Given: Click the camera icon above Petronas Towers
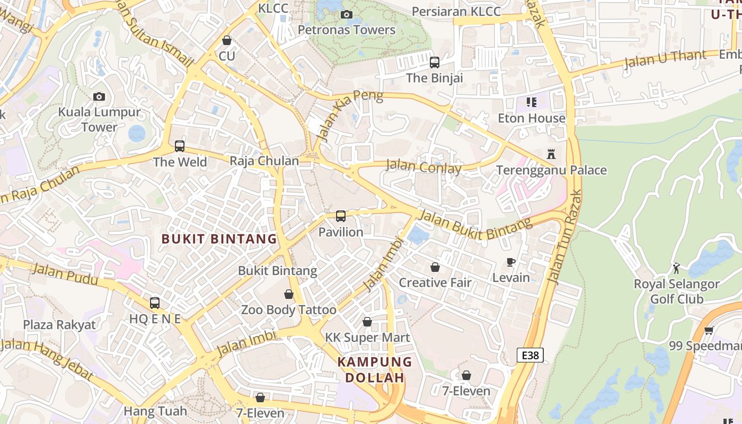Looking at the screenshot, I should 347,14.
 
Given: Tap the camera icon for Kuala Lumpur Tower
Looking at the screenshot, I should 99,96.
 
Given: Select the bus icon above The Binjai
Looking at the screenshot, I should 435,63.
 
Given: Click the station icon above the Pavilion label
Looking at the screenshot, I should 341,216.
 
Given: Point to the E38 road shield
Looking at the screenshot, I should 530,355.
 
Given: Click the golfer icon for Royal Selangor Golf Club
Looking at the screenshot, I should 676,268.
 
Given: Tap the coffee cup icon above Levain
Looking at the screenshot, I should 511,262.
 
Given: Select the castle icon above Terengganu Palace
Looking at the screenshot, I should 551,154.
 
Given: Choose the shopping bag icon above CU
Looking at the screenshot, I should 227,40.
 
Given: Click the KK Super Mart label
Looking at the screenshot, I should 367,338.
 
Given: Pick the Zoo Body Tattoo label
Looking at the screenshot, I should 289,310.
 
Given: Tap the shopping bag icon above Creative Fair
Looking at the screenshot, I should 435,267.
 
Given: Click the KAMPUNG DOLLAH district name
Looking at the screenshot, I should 375,370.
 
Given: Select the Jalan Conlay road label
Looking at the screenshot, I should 423,167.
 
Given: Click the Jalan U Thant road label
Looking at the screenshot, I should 665,59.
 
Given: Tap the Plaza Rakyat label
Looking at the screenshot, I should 59,325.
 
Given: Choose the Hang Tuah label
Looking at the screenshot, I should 155,411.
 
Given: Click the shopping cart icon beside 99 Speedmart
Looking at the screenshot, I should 709,331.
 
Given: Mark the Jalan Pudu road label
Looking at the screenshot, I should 65,274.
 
